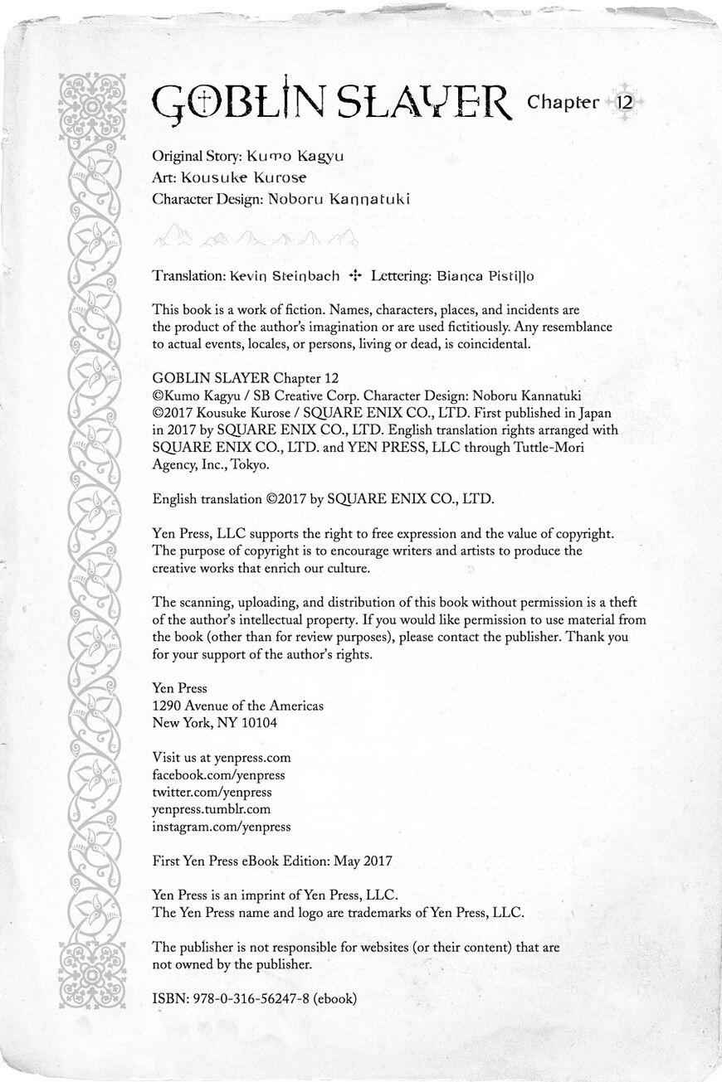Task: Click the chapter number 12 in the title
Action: pyautogui.click(x=624, y=103)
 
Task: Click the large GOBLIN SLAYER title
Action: pyautogui.click(x=330, y=104)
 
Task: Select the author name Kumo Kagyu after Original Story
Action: pyautogui.click(x=295, y=156)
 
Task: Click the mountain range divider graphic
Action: pyautogui.click(x=256, y=238)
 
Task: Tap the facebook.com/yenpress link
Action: pyautogui.click(x=219, y=774)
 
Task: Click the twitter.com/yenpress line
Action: pyautogui.click(x=212, y=792)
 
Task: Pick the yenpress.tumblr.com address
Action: pyautogui.click(x=212, y=809)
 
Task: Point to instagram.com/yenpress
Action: pyautogui.click(x=222, y=827)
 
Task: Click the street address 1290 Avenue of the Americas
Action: pyautogui.click(x=238, y=706)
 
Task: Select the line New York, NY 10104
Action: pyautogui.click(x=215, y=722)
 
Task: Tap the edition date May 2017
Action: pyautogui.click(x=363, y=861)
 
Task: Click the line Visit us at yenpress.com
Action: pyautogui.click(x=222, y=757)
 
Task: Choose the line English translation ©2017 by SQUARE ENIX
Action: pyautogui.click(x=323, y=499)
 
